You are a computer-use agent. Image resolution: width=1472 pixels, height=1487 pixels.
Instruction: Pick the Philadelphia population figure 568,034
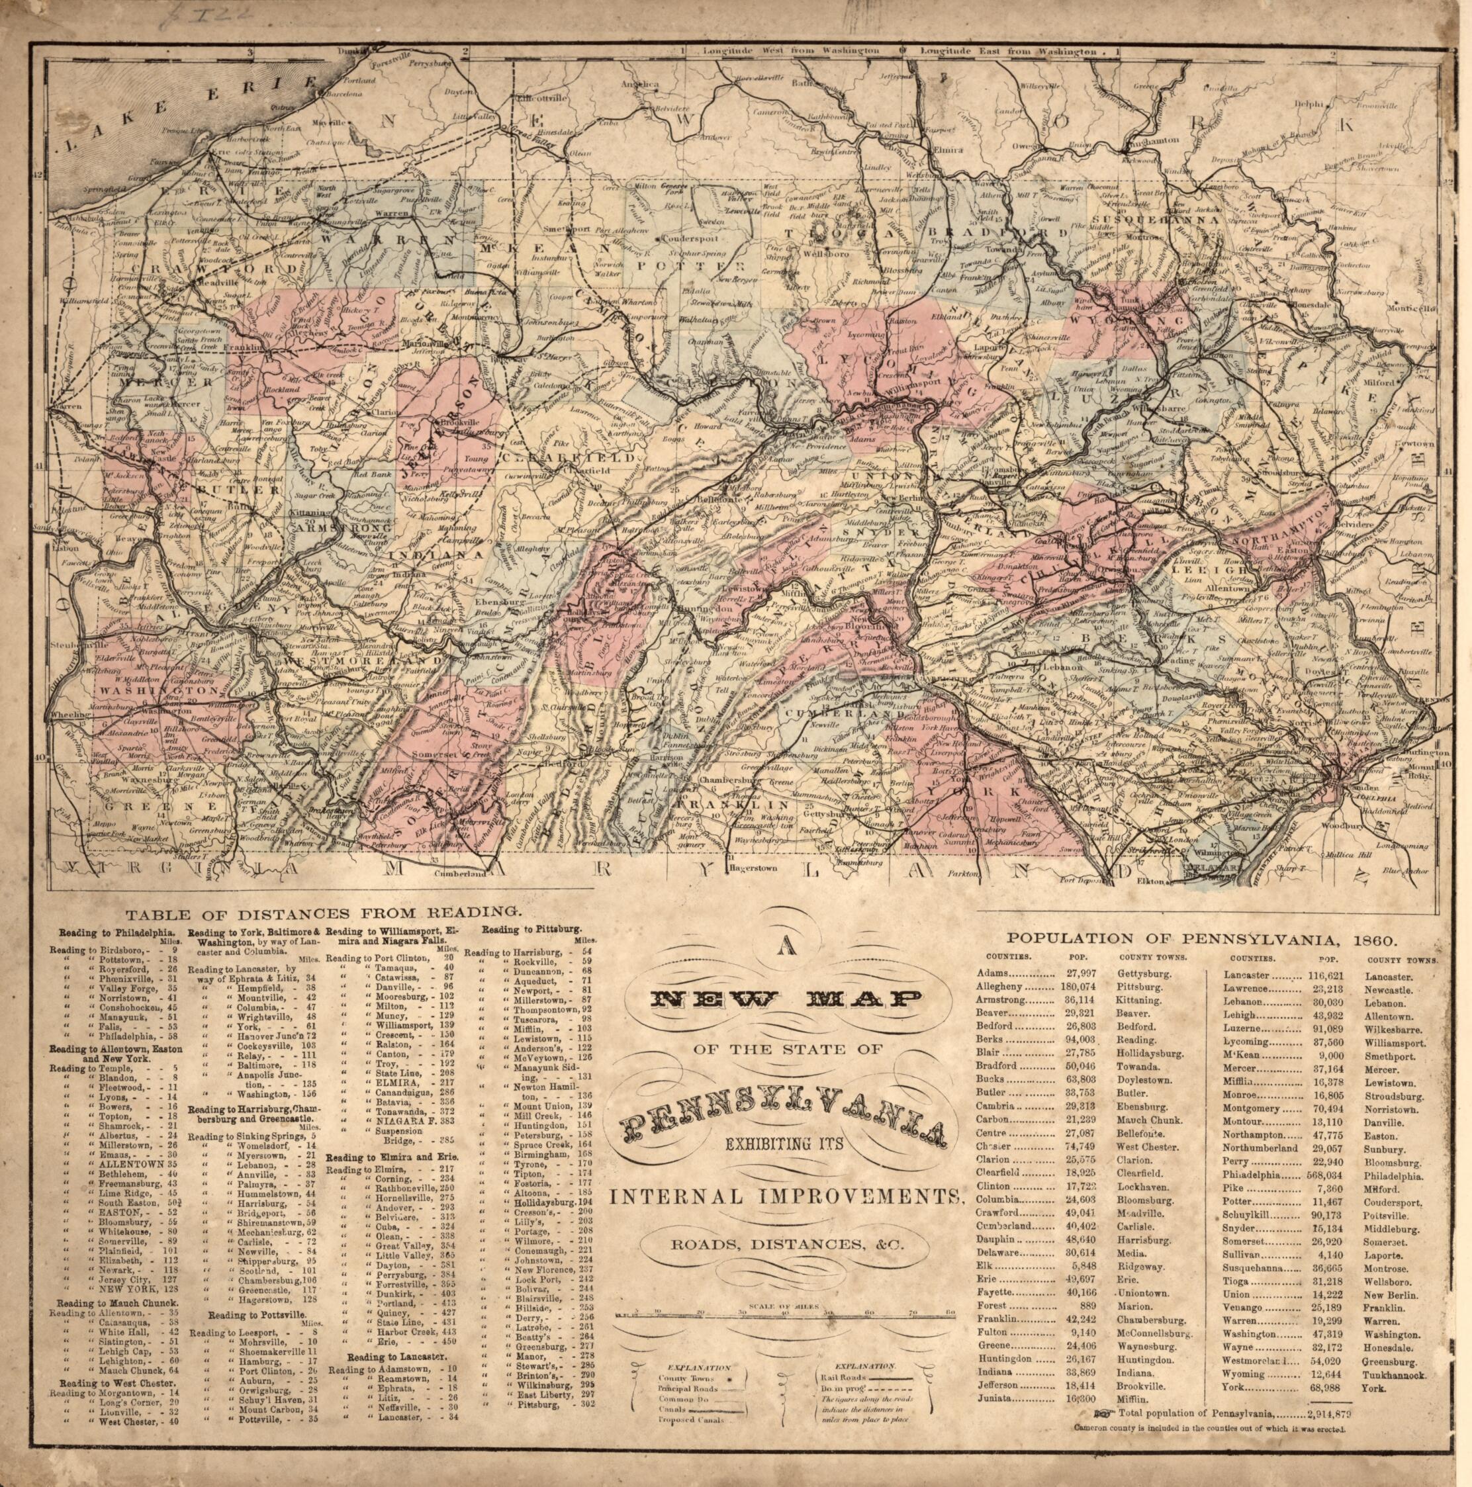click(1326, 1177)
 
